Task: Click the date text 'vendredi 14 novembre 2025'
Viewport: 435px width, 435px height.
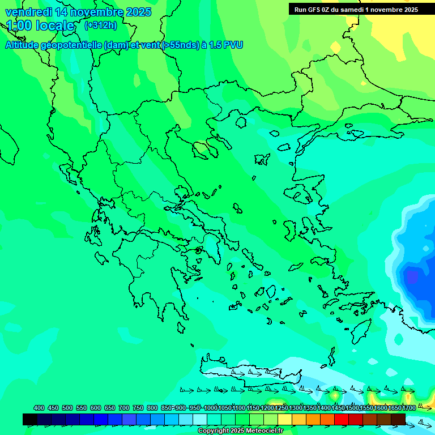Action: tap(78, 12)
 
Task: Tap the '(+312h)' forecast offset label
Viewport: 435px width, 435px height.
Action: tap(100, 25)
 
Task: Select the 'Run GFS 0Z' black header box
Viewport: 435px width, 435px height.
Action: tap(356, 9)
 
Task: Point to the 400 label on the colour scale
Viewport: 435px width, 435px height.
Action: tap(39, 408)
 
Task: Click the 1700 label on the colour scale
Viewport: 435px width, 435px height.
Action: tap(409, 408)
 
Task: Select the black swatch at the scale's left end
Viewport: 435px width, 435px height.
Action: tap(30, 419)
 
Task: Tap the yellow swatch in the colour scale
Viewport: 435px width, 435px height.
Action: tap(285, 419)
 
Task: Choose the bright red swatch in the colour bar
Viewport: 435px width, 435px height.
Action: tap(342, 419)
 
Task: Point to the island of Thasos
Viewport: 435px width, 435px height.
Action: tap(241, 122)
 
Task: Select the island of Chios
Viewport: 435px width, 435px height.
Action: tap(289, 229)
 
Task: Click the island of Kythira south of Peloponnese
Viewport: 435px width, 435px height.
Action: tap(181, 327)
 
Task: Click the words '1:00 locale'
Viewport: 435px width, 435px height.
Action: tap(40, 25)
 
